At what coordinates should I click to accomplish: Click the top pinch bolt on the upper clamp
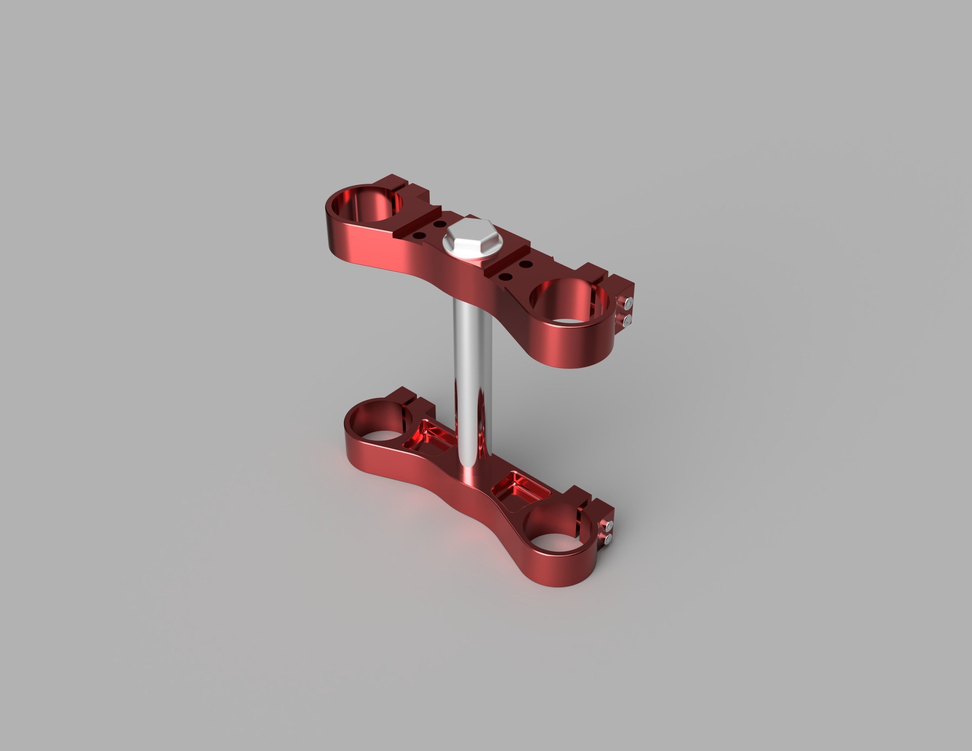[x=629, y=303]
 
